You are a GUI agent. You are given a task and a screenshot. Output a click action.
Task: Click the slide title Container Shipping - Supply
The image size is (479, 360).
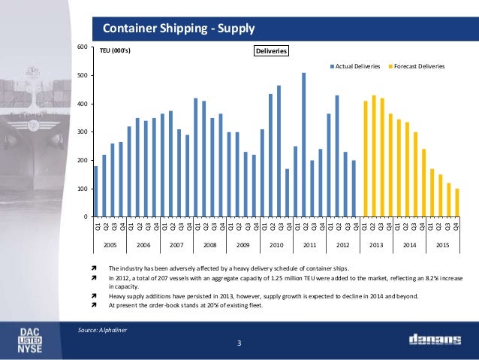(179, 29)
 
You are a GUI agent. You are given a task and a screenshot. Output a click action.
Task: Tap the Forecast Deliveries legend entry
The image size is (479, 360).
(419, 67)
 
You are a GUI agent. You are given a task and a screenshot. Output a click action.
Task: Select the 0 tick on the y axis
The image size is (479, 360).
(87, 217)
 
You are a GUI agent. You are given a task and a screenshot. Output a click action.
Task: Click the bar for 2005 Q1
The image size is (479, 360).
(96, 191)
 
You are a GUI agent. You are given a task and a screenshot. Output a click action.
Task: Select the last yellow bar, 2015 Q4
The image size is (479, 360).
(456, 202)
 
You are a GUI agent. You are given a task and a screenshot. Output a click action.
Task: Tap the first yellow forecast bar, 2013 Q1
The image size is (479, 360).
(366, 159)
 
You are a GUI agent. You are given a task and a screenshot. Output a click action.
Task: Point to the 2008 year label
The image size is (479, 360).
(209, 245)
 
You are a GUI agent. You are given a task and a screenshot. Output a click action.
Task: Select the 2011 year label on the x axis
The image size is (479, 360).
(309, 245)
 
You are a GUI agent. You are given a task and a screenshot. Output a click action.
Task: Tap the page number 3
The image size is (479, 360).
(239, 343)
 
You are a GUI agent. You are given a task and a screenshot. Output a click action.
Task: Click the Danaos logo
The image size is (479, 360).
(435, 340)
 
